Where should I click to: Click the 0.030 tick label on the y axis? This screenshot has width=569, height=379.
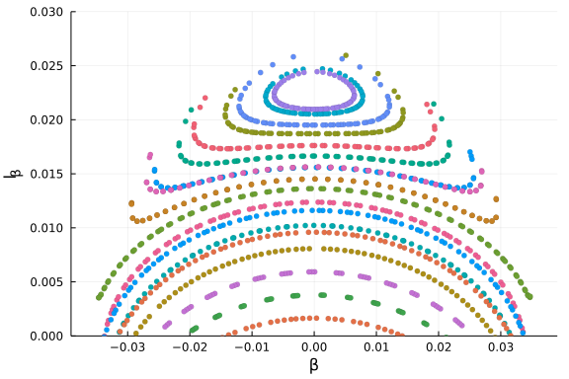(44, 12)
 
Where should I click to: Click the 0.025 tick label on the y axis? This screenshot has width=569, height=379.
(44, 66)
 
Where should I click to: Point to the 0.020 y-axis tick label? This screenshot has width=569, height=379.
(44, 120)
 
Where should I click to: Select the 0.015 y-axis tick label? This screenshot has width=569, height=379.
(44, 174)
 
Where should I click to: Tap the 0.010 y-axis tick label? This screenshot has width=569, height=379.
(44, 228)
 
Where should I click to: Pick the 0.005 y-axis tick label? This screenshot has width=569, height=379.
(44, 282)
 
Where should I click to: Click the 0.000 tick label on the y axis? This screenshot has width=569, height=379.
(44, 336)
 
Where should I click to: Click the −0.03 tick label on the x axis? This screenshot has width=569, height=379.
(126, 348)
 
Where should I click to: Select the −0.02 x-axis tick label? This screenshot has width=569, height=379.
(189, 348)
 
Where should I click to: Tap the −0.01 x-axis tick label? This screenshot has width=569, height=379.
(251, 348)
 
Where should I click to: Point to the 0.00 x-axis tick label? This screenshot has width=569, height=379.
(314, 348)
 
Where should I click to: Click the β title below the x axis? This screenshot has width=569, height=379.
(314, 366)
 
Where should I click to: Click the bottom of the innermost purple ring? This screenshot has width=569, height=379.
(314, 109)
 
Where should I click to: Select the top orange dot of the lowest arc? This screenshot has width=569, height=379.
(314, 318)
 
